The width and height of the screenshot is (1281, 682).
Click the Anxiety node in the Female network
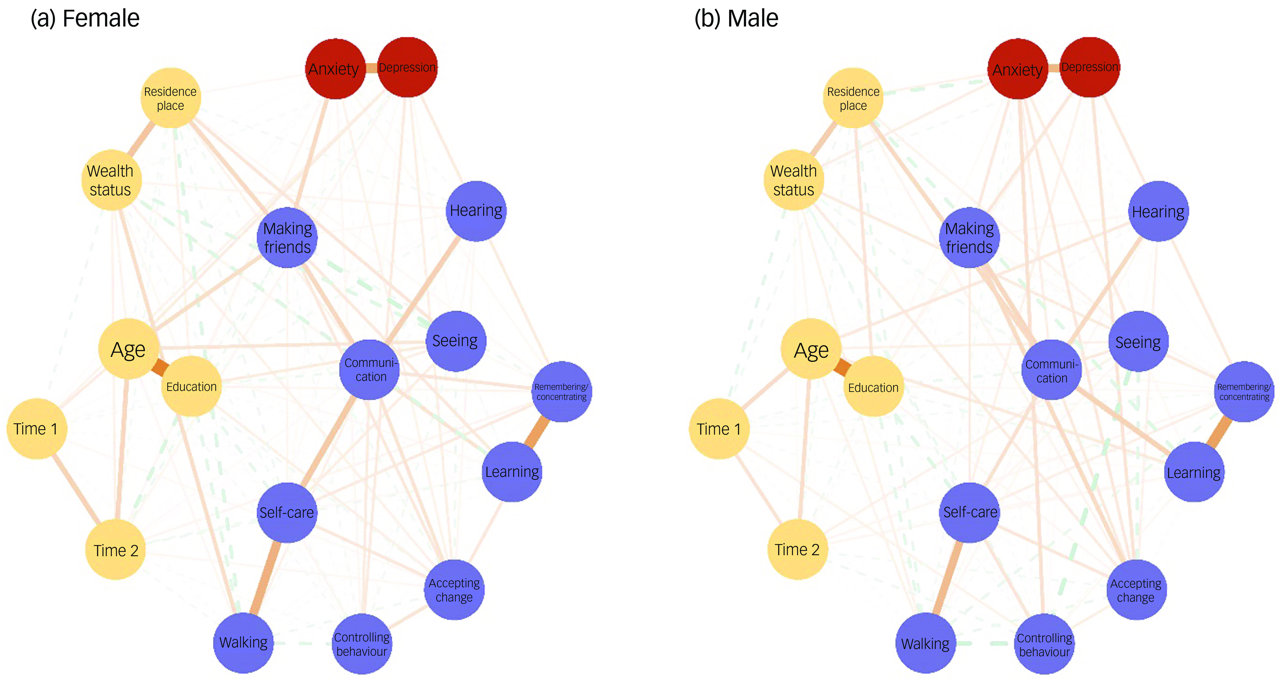pos(335,69)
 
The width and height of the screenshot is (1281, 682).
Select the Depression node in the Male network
pos(1090,67)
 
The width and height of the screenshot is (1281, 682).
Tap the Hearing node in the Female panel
pos(476,211)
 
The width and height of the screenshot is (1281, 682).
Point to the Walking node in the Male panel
pos(925,643)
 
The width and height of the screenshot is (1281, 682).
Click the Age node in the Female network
pos(128,349)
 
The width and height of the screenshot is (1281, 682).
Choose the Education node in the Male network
pos(873,387)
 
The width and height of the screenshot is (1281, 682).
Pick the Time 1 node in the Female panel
pos(36,428)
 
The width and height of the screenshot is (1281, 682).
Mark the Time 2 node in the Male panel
pos(797,549)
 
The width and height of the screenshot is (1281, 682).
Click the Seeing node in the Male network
pos(1138,342)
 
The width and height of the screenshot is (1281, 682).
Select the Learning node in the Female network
pos(512,472)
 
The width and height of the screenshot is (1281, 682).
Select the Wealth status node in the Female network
pos(111,180)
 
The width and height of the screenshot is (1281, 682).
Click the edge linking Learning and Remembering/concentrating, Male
pos(1218,432)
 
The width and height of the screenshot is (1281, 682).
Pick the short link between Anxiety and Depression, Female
pos(371,68)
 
